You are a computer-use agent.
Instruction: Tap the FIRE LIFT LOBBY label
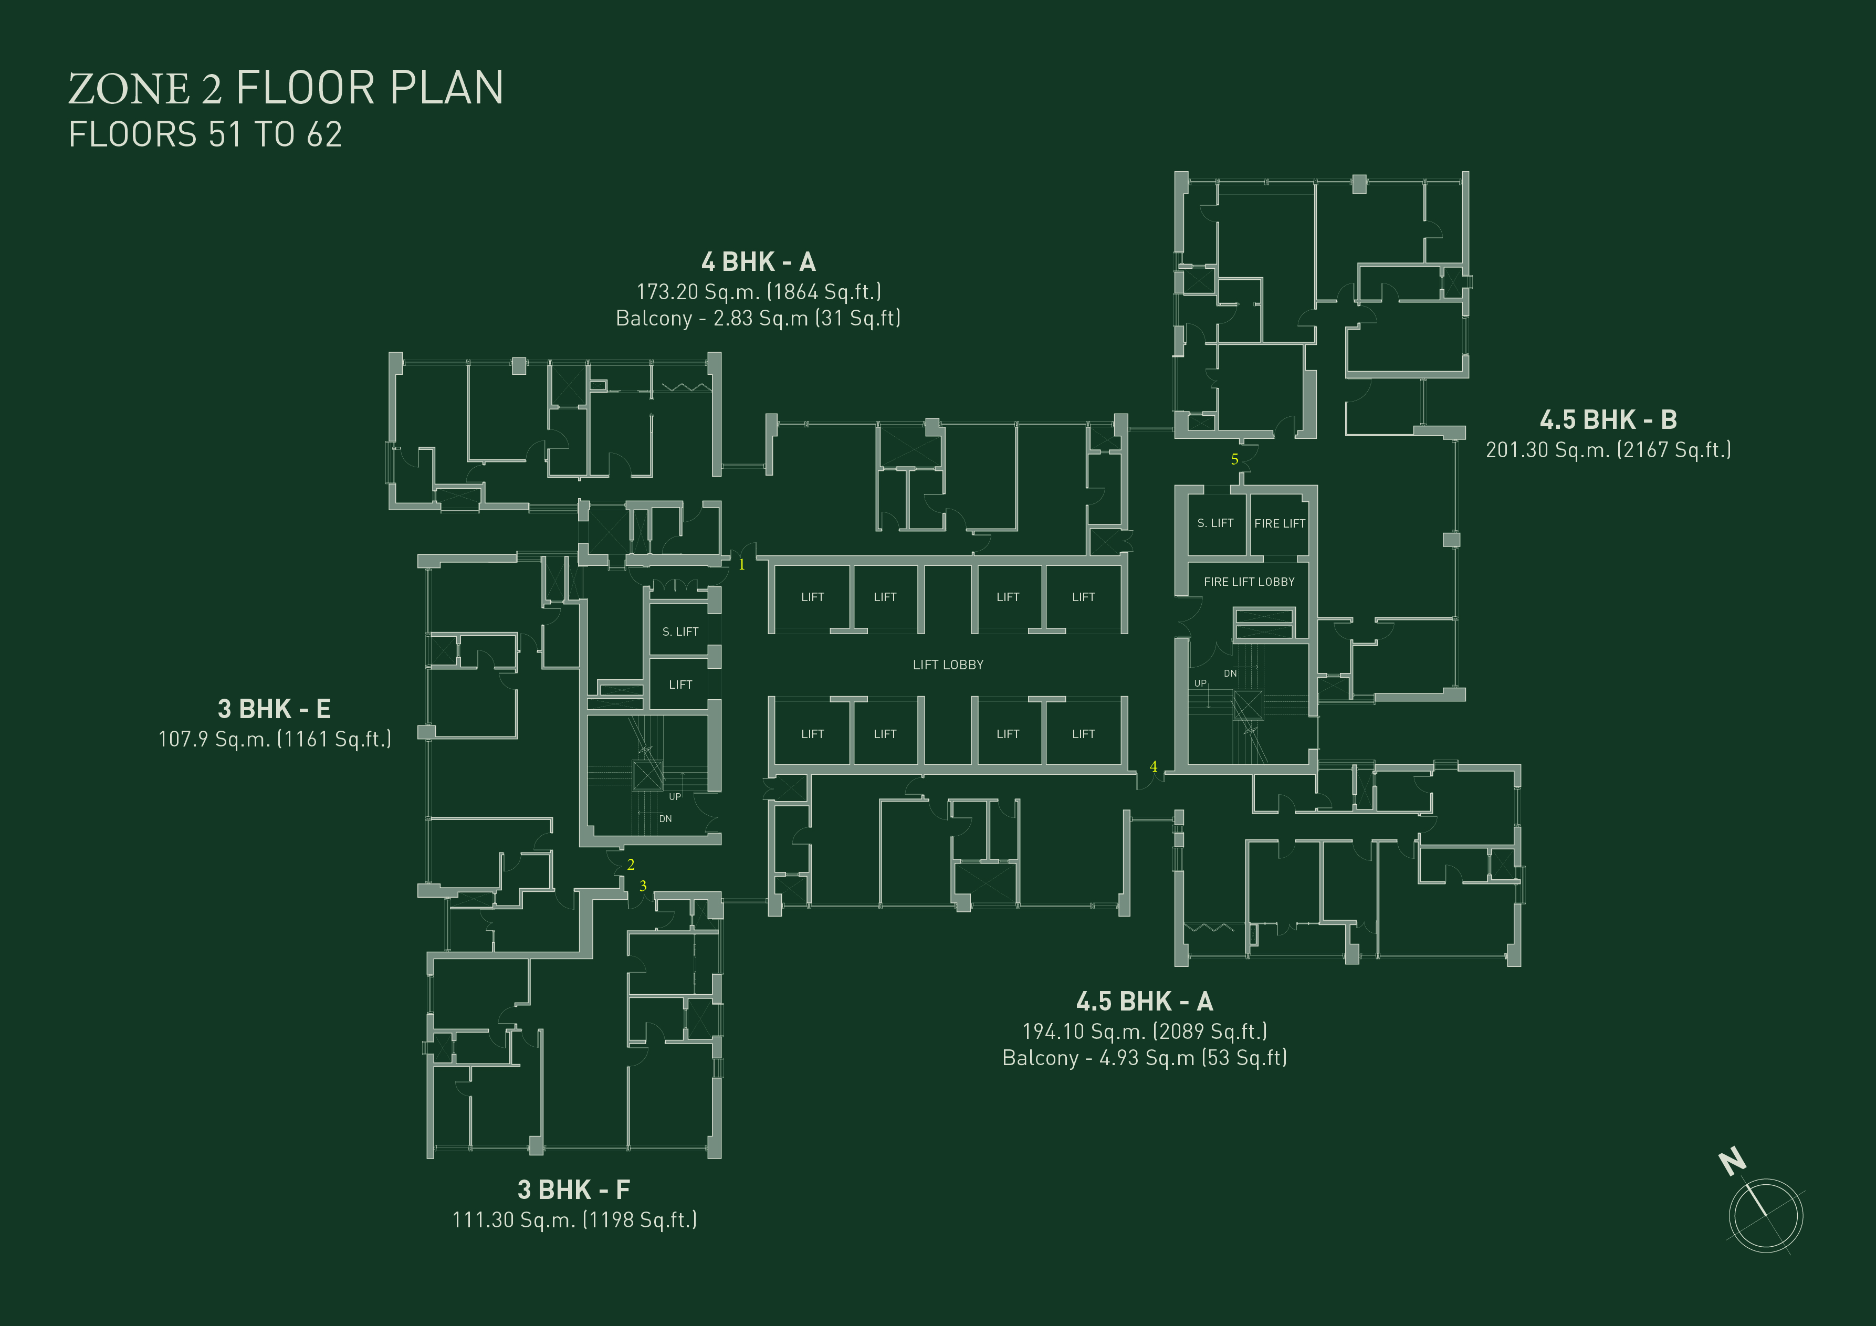(1249, 582)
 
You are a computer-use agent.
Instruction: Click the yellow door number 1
(742, 564)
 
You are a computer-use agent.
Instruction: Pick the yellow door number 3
(643, 886)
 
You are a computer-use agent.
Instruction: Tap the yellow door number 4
(1154, 766)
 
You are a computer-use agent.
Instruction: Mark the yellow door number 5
(1234, 459)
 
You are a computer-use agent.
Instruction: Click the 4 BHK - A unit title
(758, 262)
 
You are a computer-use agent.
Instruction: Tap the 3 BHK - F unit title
(573, 1190)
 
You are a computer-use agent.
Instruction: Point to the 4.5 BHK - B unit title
(1608, 420)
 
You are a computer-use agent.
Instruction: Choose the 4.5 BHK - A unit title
(1144, 1002)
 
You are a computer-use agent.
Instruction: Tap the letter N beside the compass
(1732, 1161)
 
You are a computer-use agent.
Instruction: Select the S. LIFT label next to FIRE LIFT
(1215, 523)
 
